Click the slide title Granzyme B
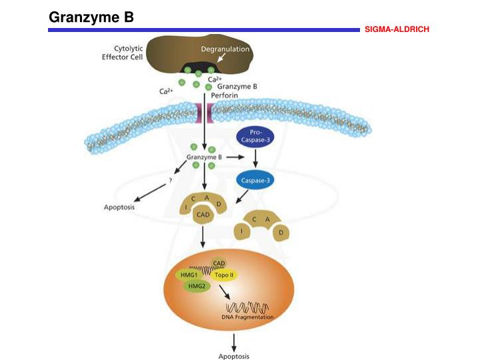(91, 17)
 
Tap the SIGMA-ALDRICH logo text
(397, 30)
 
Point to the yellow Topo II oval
(223, 275)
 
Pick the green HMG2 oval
(198, 285)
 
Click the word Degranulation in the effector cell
(225, 49)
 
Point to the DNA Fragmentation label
(247, 317)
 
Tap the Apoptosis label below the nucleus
(233, 356)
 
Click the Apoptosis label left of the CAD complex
(119, 207)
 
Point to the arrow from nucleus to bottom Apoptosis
(233, 341)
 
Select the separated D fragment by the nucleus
(283, 233)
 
